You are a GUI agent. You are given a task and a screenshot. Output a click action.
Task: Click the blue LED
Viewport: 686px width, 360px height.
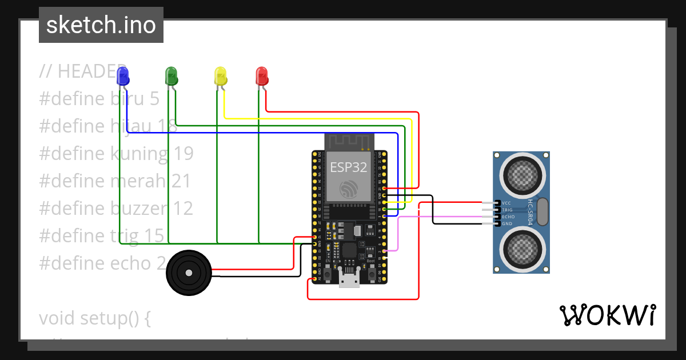tap(122, 75)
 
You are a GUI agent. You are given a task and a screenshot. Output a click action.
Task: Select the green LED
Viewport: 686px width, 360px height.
tap(171, 75)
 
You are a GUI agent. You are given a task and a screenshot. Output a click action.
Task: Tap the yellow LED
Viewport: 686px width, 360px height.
tap(220, 75)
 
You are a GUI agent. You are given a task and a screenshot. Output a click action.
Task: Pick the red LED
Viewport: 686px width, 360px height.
tap(261, 75)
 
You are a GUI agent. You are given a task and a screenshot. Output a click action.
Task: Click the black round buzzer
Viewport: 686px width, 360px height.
tap(189, 273)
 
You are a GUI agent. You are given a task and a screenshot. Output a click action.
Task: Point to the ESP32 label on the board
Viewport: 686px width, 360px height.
tap(349, 167)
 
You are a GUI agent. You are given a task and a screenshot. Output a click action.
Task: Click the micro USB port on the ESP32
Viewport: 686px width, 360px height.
tap(349, 280)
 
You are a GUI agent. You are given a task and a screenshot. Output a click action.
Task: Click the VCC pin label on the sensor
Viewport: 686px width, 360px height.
tap(506, 203)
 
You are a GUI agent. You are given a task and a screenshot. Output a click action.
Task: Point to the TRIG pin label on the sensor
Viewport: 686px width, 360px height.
tap(507, 210)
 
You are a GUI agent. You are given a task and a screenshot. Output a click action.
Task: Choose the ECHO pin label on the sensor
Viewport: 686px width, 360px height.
tap(508, 217)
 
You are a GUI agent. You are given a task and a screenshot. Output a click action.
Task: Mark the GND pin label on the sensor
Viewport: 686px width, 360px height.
tap(506, 223)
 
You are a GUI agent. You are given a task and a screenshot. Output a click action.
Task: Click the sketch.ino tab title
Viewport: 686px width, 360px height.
tap(101, 25)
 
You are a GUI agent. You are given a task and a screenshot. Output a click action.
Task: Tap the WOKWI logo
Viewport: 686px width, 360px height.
tap(607, 315)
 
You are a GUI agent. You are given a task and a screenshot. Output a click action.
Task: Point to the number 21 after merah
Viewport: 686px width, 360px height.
tap(181, 181)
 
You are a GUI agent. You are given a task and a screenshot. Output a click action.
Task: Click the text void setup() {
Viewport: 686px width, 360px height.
tap(95, 318)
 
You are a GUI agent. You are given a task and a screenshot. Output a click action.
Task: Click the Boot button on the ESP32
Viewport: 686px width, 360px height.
tap(371, 273)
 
